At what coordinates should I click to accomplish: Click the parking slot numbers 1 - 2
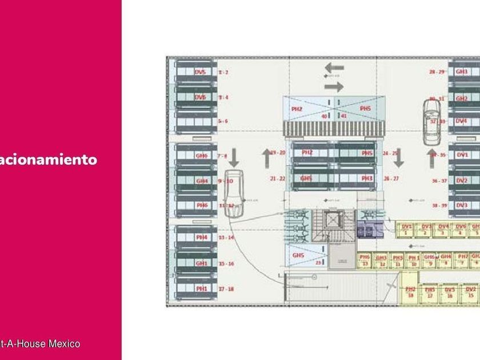click(223, 73)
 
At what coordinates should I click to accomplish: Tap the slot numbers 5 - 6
click(223, 122)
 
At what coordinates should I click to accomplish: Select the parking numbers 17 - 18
click(226, 289)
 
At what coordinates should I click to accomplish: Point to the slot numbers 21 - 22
click(278, 179)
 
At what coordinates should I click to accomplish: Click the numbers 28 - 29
click(437, 72)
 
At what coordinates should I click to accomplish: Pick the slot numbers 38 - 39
click(439, 205)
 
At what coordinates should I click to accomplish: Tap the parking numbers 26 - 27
click(391, 179)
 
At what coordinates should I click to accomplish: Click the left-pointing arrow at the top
click(334, 68)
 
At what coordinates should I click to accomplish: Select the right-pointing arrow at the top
click(334, 87)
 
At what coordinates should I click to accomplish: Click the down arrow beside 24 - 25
click(399, 157)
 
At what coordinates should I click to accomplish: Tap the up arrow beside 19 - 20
click(266, 157)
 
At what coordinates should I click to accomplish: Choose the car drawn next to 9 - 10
click(233, 193)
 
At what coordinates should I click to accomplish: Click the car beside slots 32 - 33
click(432, 121)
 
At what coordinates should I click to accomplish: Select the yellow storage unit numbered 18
click(410, 293)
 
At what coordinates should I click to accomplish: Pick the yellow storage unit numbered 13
click(365, 261)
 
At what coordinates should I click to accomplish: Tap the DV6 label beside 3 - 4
click(200, 97)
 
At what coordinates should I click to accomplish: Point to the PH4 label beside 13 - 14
click(202, 237)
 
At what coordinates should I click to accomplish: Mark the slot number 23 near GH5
click(318, 263)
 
